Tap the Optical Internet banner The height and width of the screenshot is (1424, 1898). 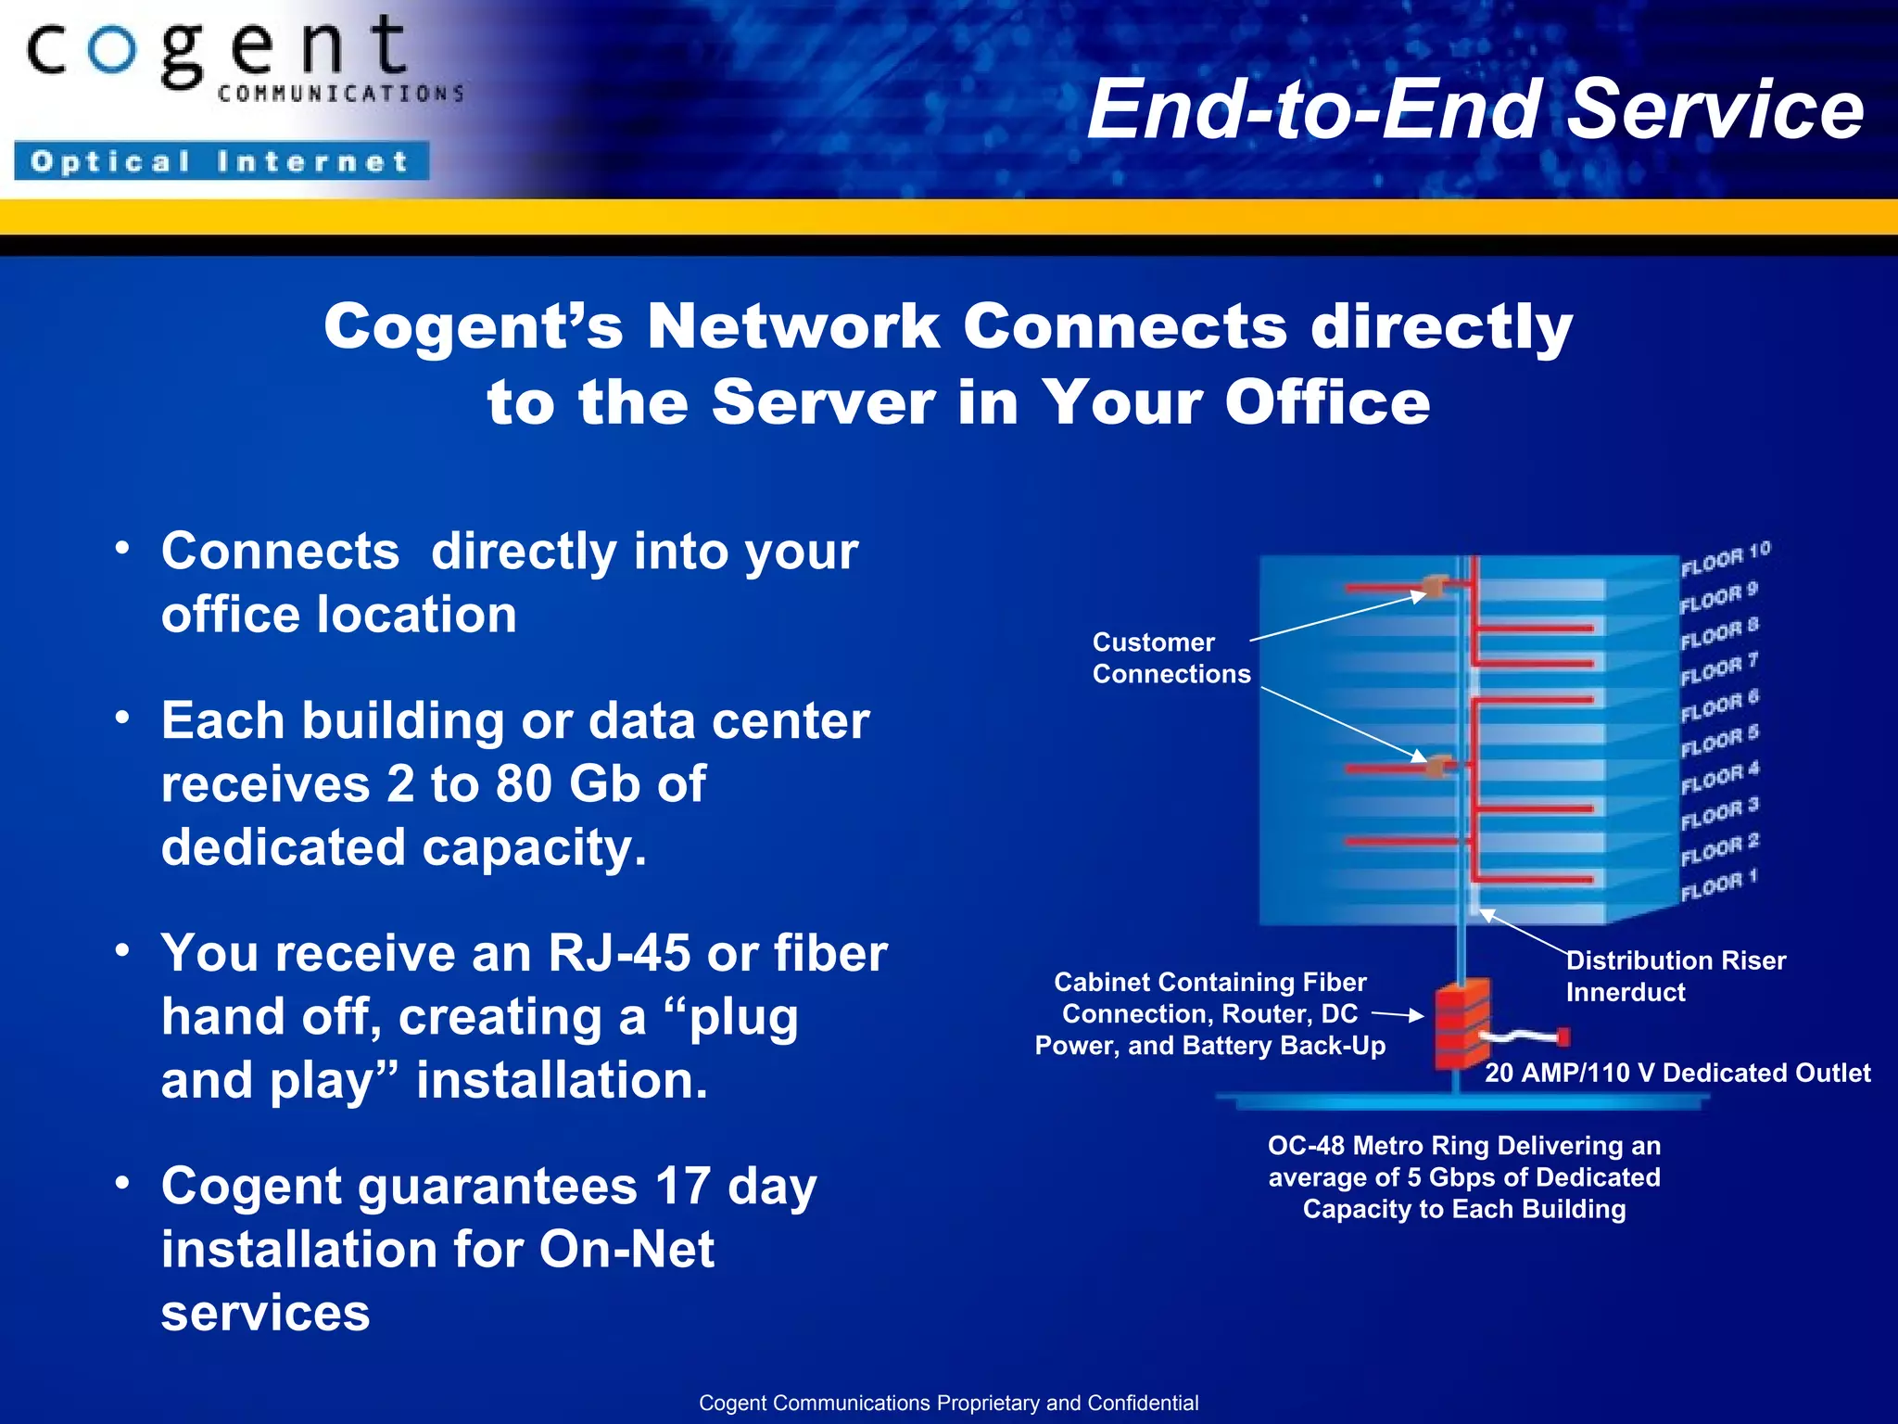tap(221, 161)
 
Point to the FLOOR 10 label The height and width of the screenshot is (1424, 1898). tap(1725, 558)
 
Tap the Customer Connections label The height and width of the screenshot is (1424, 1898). tap(1170, 657)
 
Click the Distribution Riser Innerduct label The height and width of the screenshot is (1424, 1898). tap(1675, 975)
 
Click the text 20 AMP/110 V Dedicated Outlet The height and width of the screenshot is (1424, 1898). tap(1677, 1073)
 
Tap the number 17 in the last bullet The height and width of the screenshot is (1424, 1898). tap(682, 1186)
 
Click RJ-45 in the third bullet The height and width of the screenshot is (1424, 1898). tap(618, 953)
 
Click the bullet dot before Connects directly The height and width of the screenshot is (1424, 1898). tap(122, 548)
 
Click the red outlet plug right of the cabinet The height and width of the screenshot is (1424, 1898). tap(1563, 1036)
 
